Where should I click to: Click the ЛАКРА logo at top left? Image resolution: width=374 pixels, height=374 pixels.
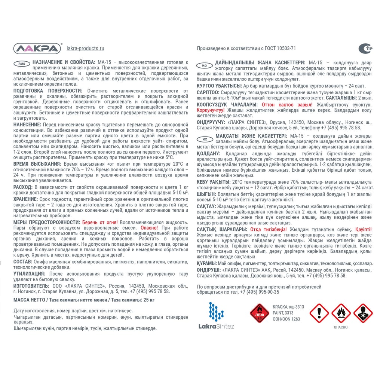click(x=37, y=48)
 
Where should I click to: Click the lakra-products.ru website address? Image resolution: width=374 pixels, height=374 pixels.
click(x=85, y=48)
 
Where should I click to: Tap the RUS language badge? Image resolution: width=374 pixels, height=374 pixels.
click(x=22, y=64)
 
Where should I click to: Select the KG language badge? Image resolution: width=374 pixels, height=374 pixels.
click(x=204, y=65)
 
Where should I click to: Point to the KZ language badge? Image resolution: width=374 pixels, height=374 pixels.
click(x=204, y=139)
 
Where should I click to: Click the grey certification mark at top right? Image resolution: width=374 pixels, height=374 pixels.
click(x=365, y=48)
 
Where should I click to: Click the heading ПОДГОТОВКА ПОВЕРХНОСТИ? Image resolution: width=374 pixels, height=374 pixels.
click(x=47, y=91)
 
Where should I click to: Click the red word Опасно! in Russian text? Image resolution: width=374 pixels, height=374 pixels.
click(x=149, y=227)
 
